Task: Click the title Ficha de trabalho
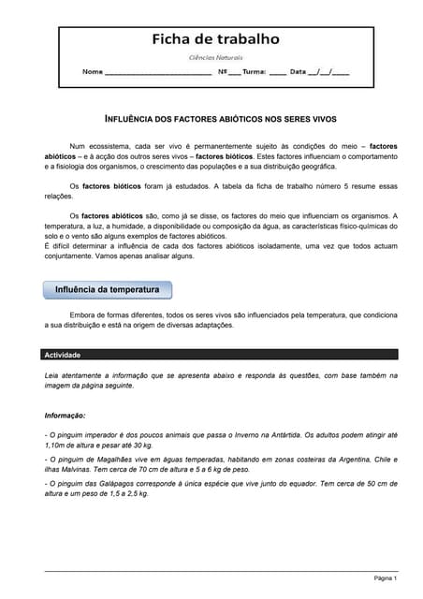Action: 215,39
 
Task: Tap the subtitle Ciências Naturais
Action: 215,58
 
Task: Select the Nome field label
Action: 93,72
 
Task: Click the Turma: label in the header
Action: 255,72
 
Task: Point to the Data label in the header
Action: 298,72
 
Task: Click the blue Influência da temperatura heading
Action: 107,290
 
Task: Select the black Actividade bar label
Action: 63,356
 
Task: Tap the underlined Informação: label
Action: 66,415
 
